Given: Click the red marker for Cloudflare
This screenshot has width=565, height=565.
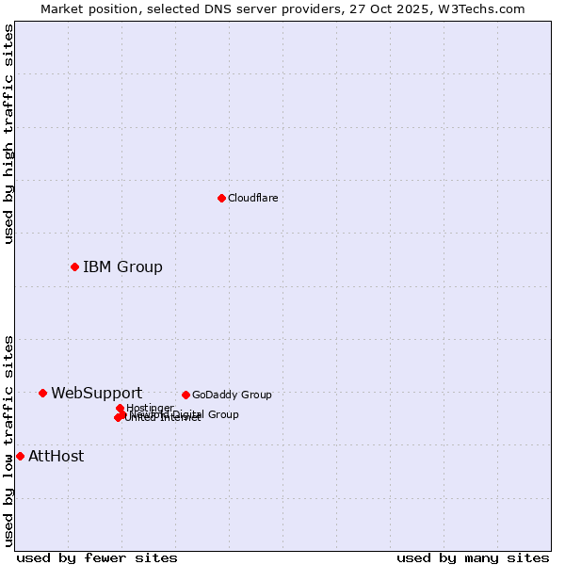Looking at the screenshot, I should tap(221, 198).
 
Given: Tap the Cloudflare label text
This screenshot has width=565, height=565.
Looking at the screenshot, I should tap(252, 198).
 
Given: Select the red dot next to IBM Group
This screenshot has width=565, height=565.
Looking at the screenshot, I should tap(74, 266).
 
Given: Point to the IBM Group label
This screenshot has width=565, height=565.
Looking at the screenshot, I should tap(122, 266).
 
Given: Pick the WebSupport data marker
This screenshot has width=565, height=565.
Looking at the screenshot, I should tap(42, 393).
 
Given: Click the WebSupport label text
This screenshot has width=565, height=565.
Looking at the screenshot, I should tap(96, 393).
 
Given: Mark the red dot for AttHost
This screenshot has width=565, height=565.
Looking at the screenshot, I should tap(20, 456).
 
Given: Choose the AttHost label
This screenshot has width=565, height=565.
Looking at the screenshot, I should tap(56, 457).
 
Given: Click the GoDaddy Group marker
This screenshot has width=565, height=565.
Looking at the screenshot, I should tap(186, 395).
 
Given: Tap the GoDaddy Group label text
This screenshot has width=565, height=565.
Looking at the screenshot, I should tap(232, 395).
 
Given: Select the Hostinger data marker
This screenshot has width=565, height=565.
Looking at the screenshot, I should tap(120, 408).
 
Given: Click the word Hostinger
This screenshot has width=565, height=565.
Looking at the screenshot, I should tap(150, 408).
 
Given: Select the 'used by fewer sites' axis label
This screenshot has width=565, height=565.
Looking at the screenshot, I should tap(97, 557).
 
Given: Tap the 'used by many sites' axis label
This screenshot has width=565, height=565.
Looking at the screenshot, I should tap(473, 557).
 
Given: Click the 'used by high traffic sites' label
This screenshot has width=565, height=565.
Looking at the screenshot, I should tap(8, 134).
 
